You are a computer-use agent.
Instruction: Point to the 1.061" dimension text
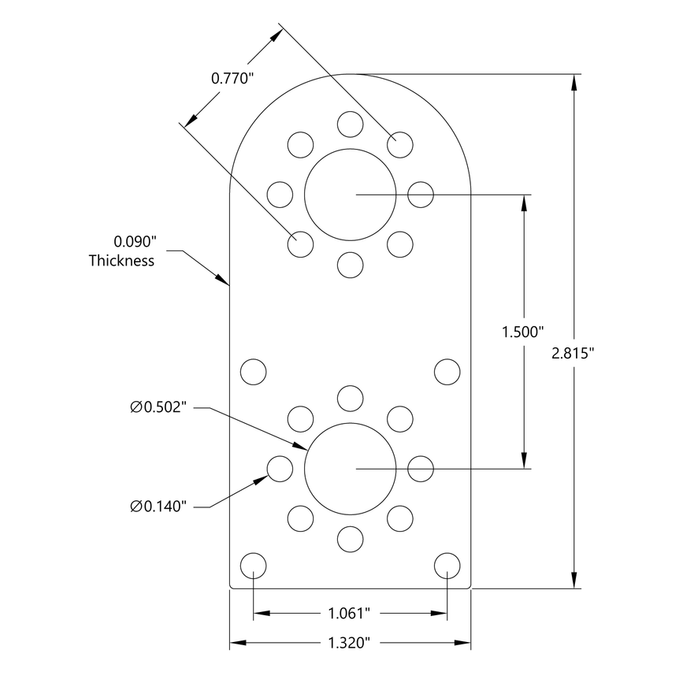(x=349, y=613)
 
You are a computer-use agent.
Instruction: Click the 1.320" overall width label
(x=349, y=644)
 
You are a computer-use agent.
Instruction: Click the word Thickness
(x=121, y=261)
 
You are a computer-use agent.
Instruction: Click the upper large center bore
(x=350, y=194)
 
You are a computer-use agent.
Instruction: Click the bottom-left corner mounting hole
(x=253, y=566)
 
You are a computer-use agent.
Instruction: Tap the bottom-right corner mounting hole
(x=447, y=566)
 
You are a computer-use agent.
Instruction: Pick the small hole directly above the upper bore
(x=350, y=124)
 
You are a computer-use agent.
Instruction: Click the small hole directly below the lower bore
(x=350, y=539)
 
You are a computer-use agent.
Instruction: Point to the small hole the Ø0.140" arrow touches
(x=280, y=469)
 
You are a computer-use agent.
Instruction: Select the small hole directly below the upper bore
(x=350, y=264)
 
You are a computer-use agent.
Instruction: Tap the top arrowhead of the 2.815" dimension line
(x=574, y=80)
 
